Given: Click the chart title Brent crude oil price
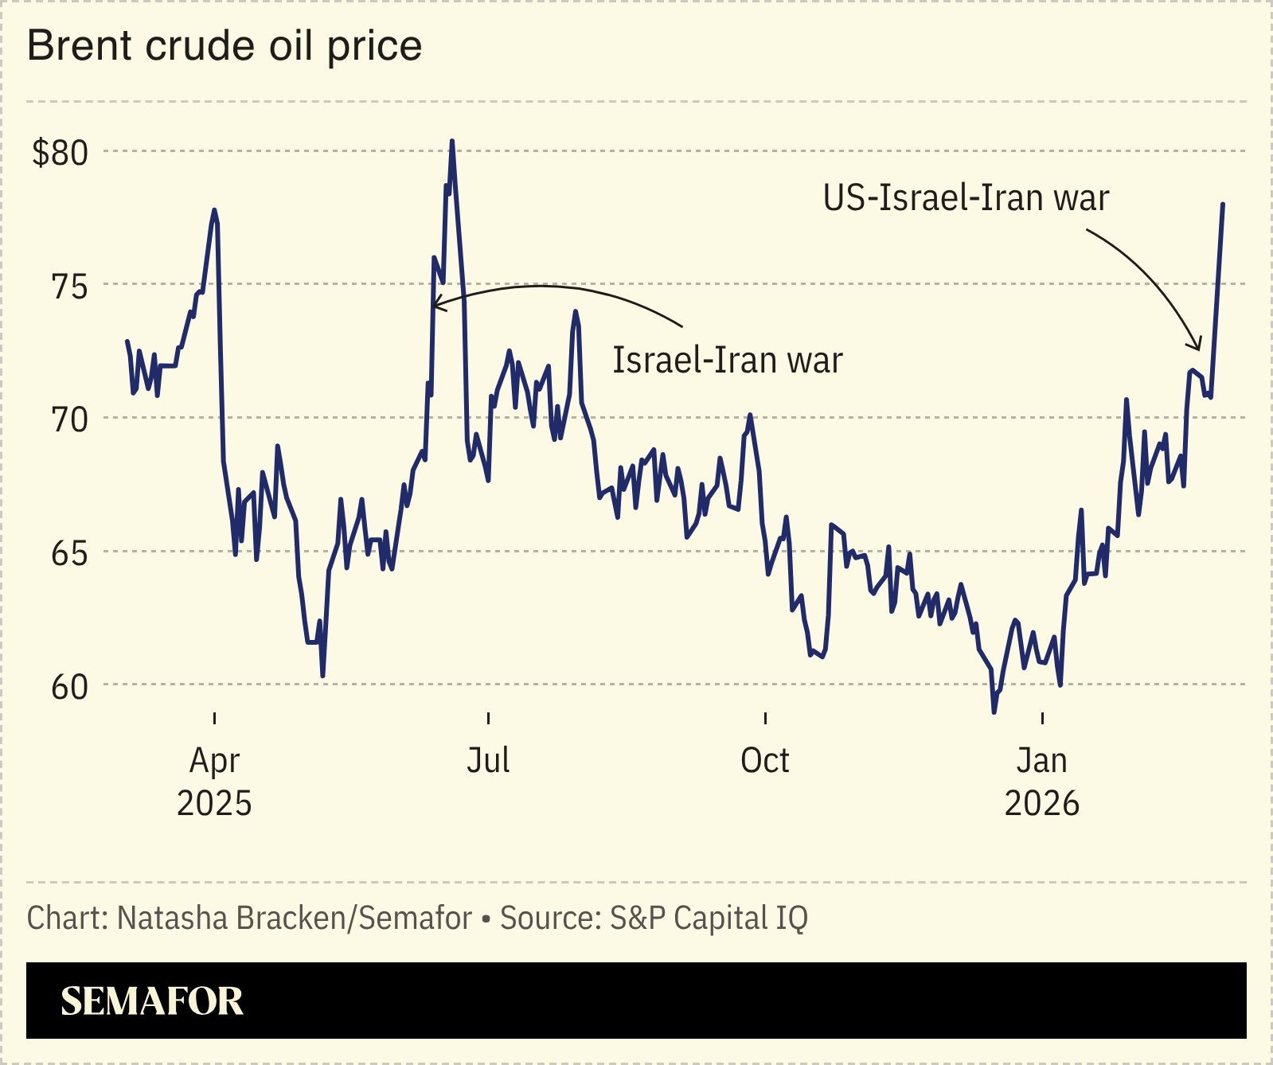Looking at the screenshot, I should tap(225, 46).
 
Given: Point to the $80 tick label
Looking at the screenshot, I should tap(59, 152).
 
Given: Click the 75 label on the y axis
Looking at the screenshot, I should tap(69, 286).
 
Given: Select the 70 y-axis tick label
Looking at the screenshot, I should tap(69, 419).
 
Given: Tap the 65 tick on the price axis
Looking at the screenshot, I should tap(69, 552).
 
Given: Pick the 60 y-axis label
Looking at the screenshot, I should tap(69, 685).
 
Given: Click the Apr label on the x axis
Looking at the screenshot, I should tap(214, 762).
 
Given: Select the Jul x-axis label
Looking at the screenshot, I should tap(487, 760).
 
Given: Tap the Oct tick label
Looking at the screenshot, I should tap(764, 760).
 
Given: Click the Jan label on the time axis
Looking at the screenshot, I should tap(1041, 760).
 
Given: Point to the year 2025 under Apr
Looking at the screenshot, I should tap(214, 803).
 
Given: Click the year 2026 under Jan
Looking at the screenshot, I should tap(1041, 803).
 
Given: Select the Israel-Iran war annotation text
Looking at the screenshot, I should tap(727, 360).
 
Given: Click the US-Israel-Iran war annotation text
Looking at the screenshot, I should tap(966, 197).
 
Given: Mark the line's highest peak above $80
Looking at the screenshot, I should tap(452, 142).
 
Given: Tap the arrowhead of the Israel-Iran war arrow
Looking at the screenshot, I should tap(435, 304).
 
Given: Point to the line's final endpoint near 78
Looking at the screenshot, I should tap(1223, 205).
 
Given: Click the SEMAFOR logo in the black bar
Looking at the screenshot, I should tap(152, 1001).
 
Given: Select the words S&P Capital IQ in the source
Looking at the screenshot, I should tap(709, 918).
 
